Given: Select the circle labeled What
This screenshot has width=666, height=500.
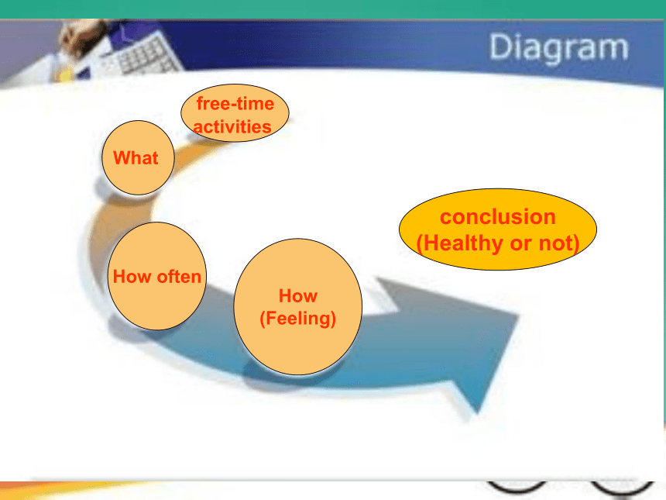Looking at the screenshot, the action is click(x=138, y=157).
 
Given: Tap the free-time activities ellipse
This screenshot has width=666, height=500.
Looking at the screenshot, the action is click(x=235, y=112).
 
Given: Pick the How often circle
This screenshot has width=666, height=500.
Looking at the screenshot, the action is click(x=156, y=276).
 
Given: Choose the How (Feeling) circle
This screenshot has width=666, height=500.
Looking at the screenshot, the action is click(x=297, y=306).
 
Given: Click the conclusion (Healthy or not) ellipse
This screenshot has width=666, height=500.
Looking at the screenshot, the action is click(x=498, y=229).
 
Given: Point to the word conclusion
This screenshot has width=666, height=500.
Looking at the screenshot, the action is click(x=498, y=216).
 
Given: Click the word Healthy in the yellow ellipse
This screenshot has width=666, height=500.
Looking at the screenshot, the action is click(x=461, y=243).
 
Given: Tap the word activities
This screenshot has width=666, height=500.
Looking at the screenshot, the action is click(x=232, y=126).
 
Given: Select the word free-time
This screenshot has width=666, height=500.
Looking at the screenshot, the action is click(x=235, y=103).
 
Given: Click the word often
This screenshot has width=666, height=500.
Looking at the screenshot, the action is click(x=179, y=277).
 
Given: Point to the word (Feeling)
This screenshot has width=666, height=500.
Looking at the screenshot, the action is click(x=297, y=319).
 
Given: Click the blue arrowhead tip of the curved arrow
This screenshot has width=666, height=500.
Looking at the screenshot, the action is click(x=476, y=412).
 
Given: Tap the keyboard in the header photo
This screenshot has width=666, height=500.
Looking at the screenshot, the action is click(x=144, y=56).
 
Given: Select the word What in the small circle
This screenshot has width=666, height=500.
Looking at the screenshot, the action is click(x=136, y=157).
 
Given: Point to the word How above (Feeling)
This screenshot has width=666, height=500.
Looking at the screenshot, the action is click(x=297, y=295).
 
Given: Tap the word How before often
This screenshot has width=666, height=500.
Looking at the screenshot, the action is click(x=132, y=277).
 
